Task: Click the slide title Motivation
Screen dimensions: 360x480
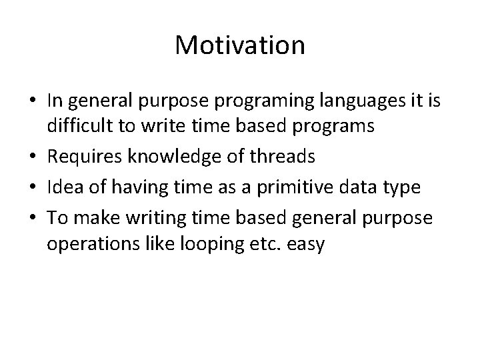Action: (240, 46)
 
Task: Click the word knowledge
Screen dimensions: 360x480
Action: (172, 158)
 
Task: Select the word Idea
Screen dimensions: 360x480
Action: (63, 187)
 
